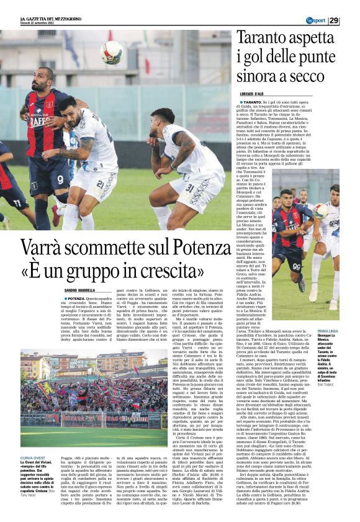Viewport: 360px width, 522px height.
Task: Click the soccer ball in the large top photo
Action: click(x=112, y=53)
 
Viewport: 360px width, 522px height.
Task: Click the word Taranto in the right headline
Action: click(x=264, y=40)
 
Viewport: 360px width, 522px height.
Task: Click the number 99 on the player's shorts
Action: click(x=296, y=267)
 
